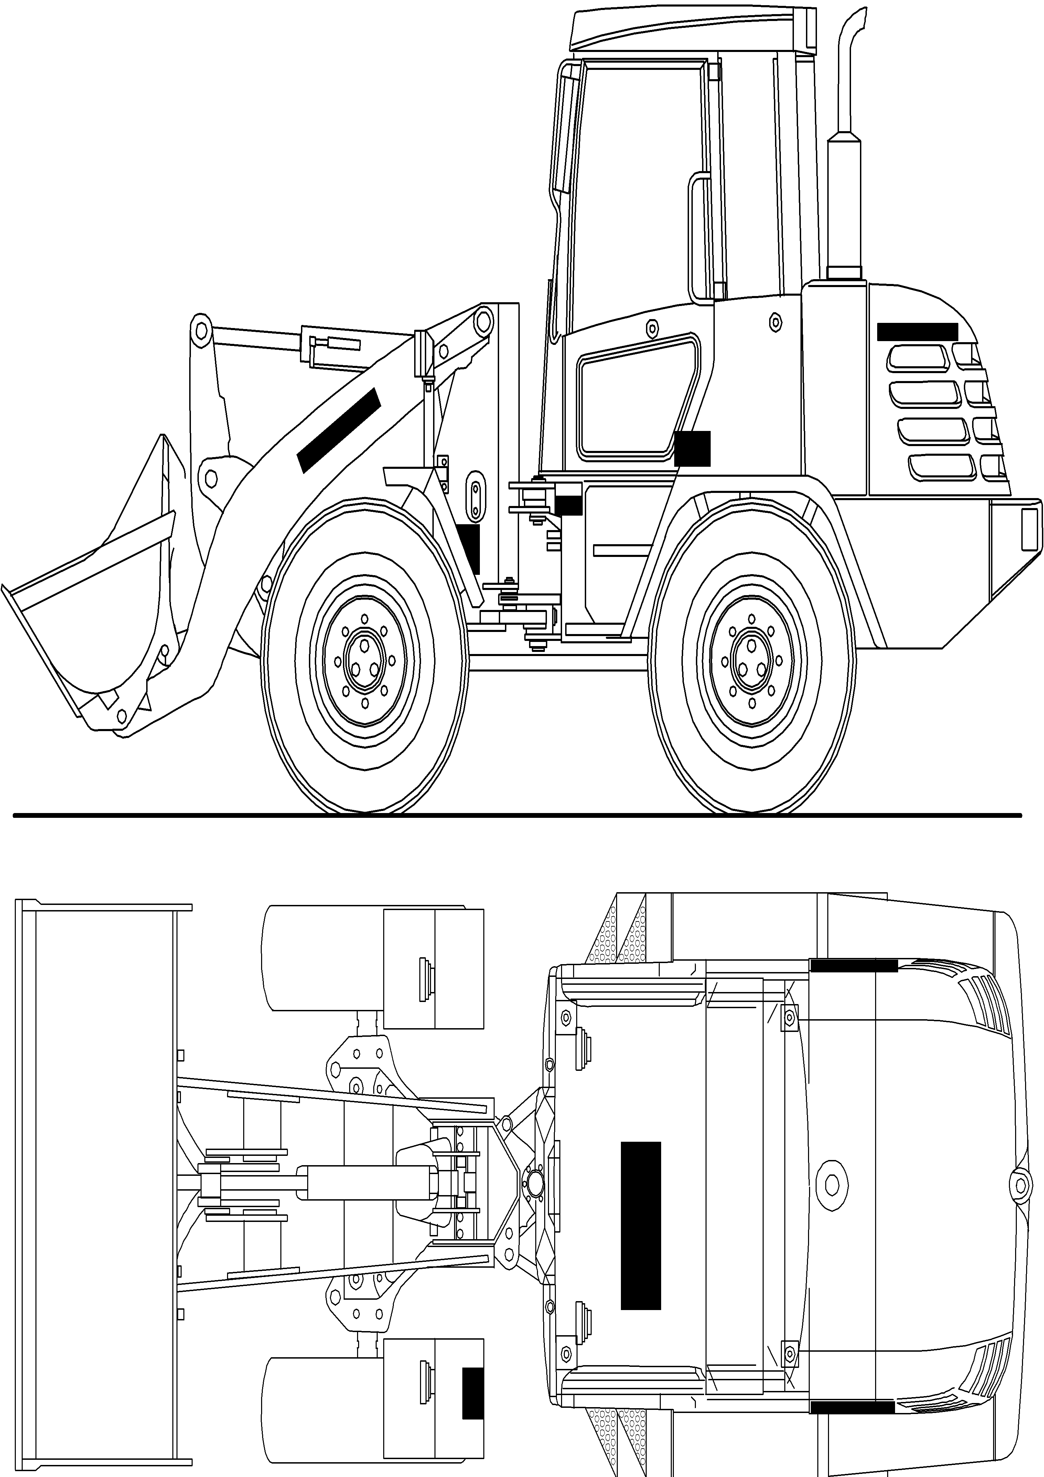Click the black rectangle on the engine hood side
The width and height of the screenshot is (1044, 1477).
tap(917, 332)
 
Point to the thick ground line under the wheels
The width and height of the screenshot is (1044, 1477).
tap(514, 816)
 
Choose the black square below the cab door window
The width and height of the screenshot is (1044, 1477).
tap(692, 449)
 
